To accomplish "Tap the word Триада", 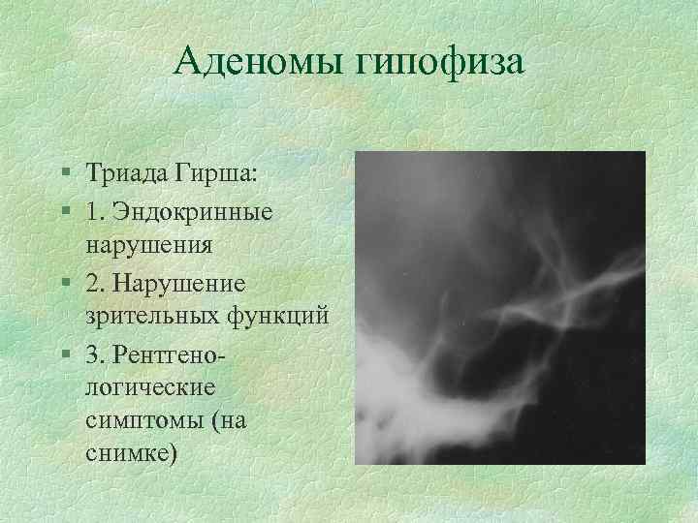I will tap(126, 175).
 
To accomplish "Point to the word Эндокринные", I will tap(193, 210).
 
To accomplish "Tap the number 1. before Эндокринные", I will tap(95, 210).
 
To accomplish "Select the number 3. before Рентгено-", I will tap(95, 350).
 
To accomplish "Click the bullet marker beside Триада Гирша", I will tap(63, 176).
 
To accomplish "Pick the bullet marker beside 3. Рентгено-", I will tap(63, 351).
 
